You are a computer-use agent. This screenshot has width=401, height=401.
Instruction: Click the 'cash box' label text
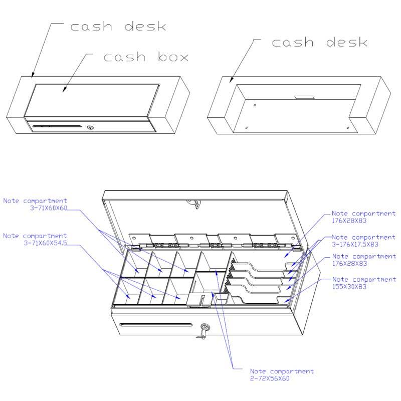point(146,57)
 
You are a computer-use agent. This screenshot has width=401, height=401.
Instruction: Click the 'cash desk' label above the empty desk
point(319,42)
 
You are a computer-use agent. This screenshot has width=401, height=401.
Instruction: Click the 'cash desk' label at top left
point(118,26)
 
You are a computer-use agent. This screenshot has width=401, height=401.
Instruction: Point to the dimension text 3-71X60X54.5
point(47,242)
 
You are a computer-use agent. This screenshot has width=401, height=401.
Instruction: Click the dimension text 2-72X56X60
point(270,378)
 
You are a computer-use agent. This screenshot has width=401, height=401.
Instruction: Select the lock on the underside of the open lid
point(193,203)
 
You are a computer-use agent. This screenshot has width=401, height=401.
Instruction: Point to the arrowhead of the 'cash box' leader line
point(64,91)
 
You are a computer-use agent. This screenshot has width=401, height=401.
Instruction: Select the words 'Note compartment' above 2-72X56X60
point(282,371)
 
